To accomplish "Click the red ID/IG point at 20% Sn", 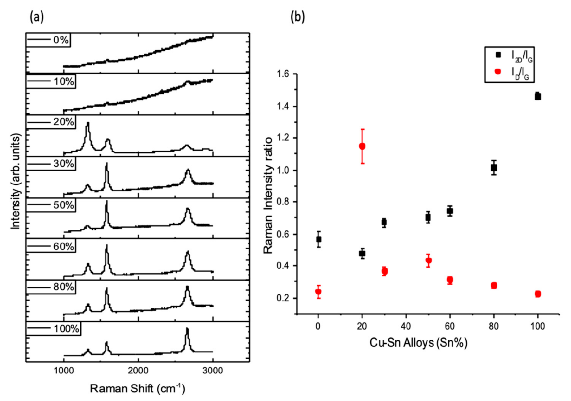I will (362, 146).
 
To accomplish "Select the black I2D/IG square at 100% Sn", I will (537, 96).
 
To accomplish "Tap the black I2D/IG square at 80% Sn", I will (494, 167).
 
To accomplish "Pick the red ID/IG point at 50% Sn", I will (428, 261).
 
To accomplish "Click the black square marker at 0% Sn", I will (318, 239).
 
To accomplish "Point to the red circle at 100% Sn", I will (537, 294).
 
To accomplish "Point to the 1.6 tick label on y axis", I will (283, 74).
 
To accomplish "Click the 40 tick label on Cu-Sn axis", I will (406, 326).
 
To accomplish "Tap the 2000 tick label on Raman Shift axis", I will (138, 371).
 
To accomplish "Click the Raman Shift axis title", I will (137, 389).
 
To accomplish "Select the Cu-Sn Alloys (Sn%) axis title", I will (418, 343).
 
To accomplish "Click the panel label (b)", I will (298, 17).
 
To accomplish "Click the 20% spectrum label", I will (63, 122).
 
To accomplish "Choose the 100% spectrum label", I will (66, 328).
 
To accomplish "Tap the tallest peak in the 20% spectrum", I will (88, 124).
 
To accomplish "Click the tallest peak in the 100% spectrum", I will (187, 330).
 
